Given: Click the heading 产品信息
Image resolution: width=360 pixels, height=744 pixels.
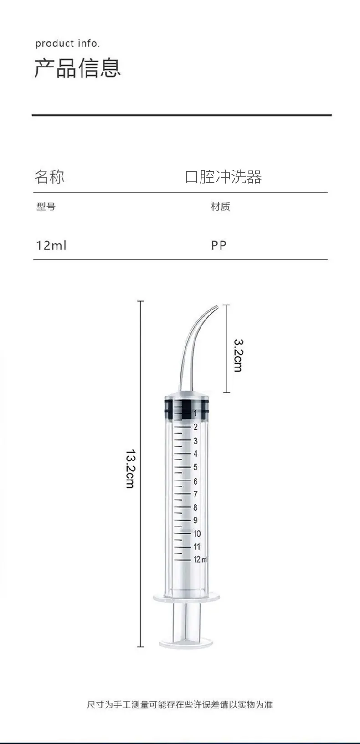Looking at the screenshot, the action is pyautogui.click(x=77, y=68).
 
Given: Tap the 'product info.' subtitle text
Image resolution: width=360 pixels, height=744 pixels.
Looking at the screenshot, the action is pyautogui.click(x=67, y=43).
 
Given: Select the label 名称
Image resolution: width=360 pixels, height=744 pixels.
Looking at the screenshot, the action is pyautogui.click(x=50, y=176).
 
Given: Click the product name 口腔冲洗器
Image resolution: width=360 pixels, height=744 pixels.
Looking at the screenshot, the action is pyautogui.click(x=223, y=177).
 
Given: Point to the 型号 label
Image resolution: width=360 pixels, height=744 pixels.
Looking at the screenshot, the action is pyautogui.click(x=46, y=207).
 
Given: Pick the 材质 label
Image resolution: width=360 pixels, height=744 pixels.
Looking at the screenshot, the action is pyautogui.click(x=220, y=207).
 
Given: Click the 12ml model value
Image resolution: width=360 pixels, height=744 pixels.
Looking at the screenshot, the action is pyautogui.click(x=51, y=245).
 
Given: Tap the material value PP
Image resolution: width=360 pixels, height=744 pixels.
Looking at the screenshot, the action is pyautogui.click(x=219, y=245).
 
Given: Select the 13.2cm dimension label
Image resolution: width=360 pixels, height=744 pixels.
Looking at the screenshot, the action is pyautogui.click(x=130, y=469).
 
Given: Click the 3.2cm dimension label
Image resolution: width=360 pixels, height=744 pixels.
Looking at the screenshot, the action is pyautogui.click(x=238, y=355).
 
